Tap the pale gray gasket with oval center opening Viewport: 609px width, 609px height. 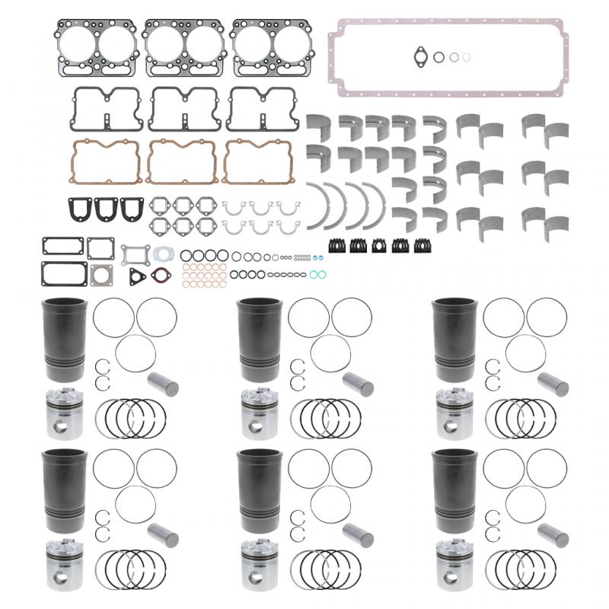(x=161, y=254)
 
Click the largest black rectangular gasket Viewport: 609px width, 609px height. (x=64, y=273)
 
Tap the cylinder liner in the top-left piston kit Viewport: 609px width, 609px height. (x=65, y=339)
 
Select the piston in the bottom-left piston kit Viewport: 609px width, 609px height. (x=65, y=564)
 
